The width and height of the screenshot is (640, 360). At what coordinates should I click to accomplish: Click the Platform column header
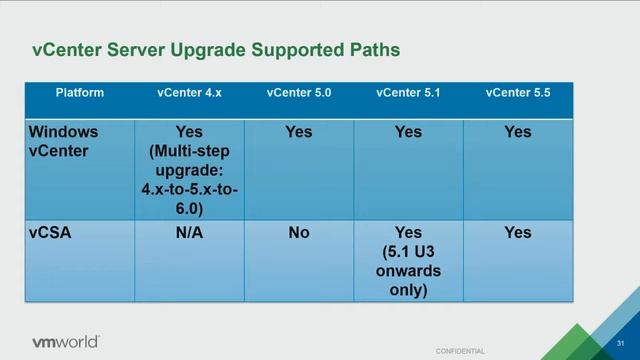[80, 93]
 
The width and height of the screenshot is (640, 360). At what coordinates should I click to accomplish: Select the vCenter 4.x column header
[189, 93]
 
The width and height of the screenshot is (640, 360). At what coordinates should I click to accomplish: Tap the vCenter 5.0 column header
[299, 93]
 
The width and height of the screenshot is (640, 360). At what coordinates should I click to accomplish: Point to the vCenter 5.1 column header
[408, 93]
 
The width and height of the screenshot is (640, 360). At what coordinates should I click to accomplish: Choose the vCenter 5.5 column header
[518, 93]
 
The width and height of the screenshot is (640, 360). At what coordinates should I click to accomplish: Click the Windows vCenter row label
[66, 141]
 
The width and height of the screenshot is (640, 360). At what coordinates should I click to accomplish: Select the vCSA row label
[49, 233]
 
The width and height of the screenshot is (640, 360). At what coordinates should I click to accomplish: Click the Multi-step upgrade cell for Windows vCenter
[189, 170]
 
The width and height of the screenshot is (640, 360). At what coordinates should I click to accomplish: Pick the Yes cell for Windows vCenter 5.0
[299, 132]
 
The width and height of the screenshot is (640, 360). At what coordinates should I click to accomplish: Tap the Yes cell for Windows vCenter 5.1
[408, 132]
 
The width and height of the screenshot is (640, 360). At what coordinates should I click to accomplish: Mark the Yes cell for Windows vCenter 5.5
[518, 132]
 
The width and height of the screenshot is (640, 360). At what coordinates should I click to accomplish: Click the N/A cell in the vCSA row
[189, 233]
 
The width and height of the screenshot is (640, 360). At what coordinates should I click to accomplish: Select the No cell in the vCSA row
[299, 233]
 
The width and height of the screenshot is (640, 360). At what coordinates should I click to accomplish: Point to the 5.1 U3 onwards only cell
[408, 261]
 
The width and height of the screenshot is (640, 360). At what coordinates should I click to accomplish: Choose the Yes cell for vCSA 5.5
[518, 233]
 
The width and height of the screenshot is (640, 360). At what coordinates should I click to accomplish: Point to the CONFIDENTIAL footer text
[460, 351]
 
